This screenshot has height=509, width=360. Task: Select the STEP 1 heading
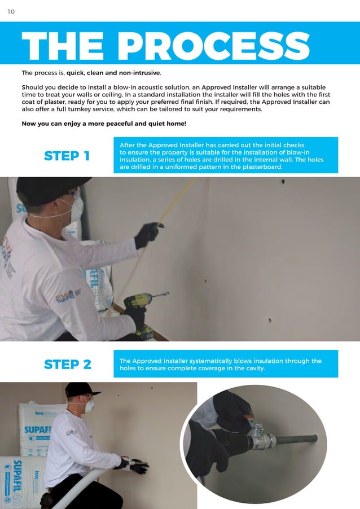67,156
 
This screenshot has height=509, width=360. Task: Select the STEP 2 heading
67,365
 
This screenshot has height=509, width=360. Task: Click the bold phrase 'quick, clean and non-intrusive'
113,73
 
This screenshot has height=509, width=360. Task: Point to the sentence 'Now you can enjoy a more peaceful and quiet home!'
103,124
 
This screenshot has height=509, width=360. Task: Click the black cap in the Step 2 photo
81,389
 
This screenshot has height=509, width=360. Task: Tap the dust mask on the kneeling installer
89,405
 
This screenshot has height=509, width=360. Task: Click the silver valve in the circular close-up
262,437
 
